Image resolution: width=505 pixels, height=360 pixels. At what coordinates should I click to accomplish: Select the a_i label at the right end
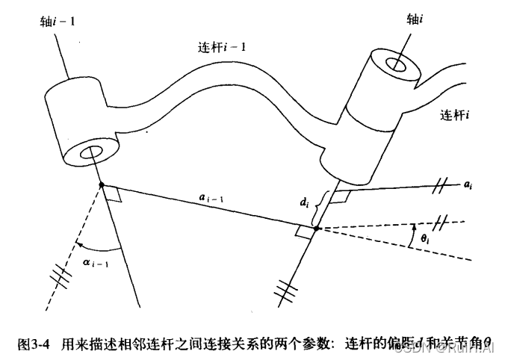[x=467, y=181]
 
